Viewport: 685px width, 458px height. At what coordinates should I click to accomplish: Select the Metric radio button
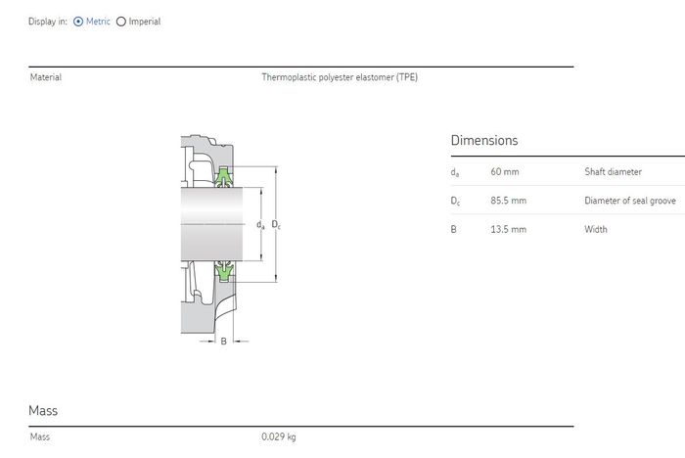pyautogui.click(x=78, y=22)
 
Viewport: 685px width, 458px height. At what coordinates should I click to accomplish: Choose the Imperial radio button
pyautogui.click(x=121, y=22)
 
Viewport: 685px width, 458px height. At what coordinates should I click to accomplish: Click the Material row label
pyautogui.click(x=46, y=77)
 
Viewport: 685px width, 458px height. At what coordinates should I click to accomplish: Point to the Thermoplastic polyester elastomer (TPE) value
pyautogui.click(x=340, y=77)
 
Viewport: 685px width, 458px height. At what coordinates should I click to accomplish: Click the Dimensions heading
pyautogui.click(x=484, y=140)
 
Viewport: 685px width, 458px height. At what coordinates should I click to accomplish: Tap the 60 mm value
pyautogui.click(x=505, y=172)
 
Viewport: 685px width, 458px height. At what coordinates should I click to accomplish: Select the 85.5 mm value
pyautogui.click(x=509, y=201)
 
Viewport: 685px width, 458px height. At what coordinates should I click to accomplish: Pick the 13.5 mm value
pyautogui.click(x=509, y=229)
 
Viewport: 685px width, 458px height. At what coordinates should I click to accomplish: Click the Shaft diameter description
pyautogui.click(x=613, y=172)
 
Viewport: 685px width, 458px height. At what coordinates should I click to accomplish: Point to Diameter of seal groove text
pyautogui.click(x=630, y=201)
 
